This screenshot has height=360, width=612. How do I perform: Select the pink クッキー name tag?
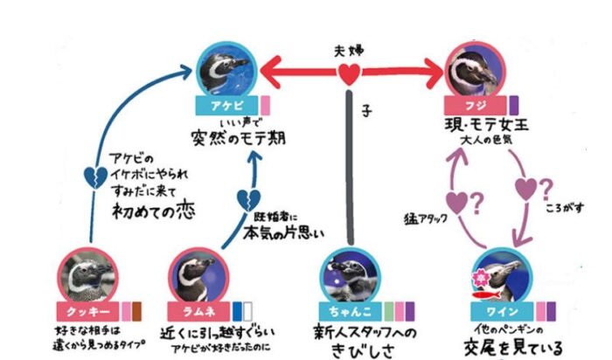(x=86, y=310)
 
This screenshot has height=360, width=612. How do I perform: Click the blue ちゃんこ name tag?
(x=347, y=309)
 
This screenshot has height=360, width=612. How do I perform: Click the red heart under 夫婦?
(x=349, y=75)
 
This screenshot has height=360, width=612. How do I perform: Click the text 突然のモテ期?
(x=230, y=137)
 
